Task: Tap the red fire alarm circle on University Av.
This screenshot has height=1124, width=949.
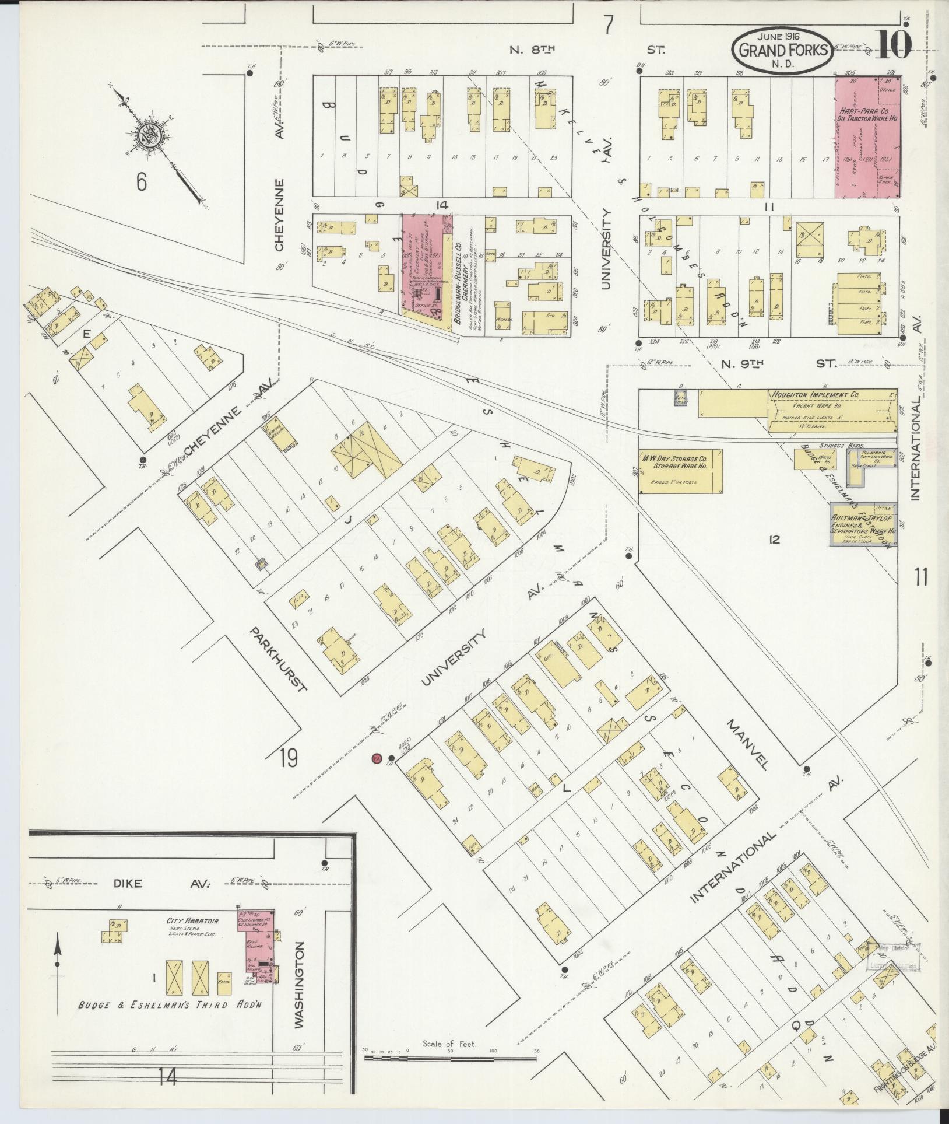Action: tap(377, 758)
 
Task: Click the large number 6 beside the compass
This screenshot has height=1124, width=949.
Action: tap(140, 182)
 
